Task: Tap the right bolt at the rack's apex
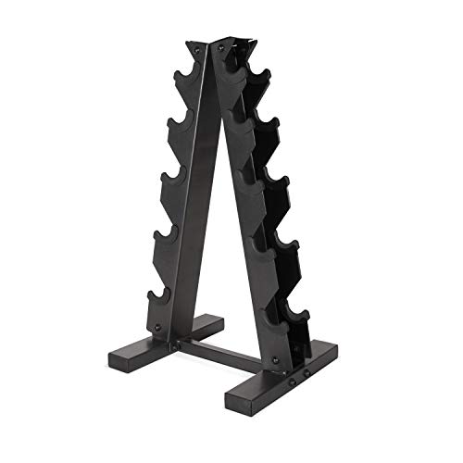click(226, 50)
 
